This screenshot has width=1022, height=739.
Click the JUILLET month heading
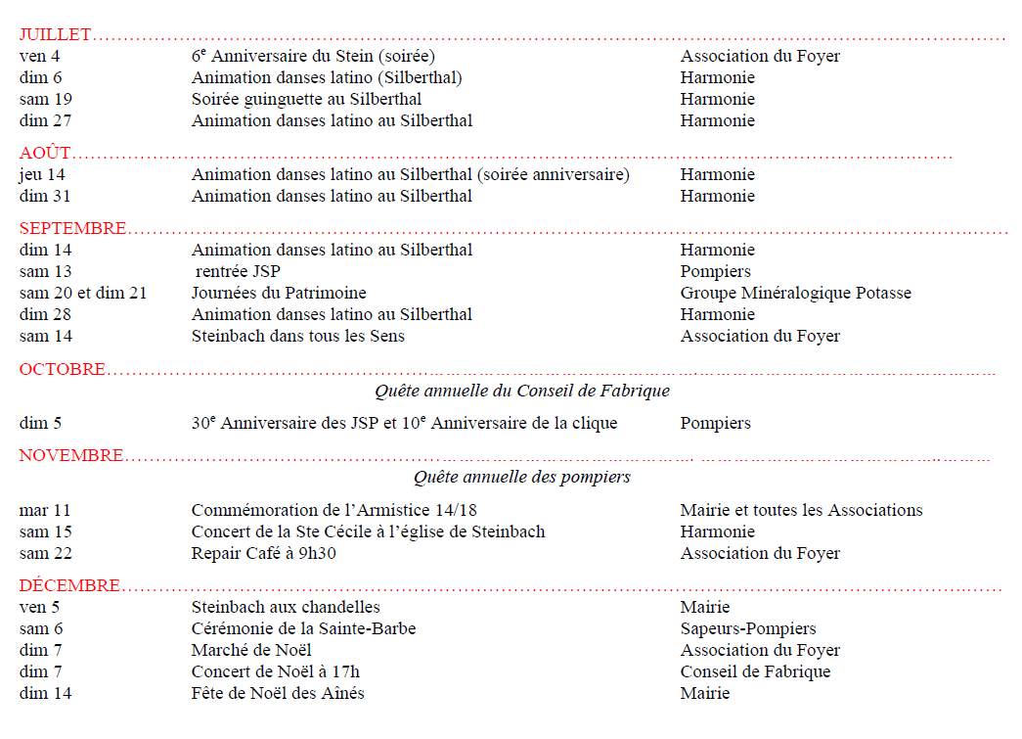55,35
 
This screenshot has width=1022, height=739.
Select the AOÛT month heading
45,154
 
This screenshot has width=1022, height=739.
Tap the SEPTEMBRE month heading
72,229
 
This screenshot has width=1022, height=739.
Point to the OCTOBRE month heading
63,370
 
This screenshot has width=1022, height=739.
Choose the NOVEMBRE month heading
71,456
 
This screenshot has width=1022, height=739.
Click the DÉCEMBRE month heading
69,586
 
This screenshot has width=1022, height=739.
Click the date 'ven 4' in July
39,57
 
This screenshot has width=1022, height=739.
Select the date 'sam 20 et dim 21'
83,294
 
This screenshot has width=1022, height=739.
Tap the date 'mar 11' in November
45,511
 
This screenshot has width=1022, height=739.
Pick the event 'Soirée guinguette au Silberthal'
306,100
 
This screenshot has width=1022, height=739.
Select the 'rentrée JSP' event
238,272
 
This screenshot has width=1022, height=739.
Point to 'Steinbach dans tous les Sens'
297,337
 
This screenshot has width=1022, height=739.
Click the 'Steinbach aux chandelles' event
286,608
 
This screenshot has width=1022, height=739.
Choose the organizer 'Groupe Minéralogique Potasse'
795,294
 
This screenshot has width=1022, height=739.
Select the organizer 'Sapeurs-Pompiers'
748,629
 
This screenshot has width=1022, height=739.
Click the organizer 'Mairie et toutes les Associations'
801,511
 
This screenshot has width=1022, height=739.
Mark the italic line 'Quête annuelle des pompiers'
521,478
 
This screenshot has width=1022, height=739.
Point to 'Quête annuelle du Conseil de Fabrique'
522,392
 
